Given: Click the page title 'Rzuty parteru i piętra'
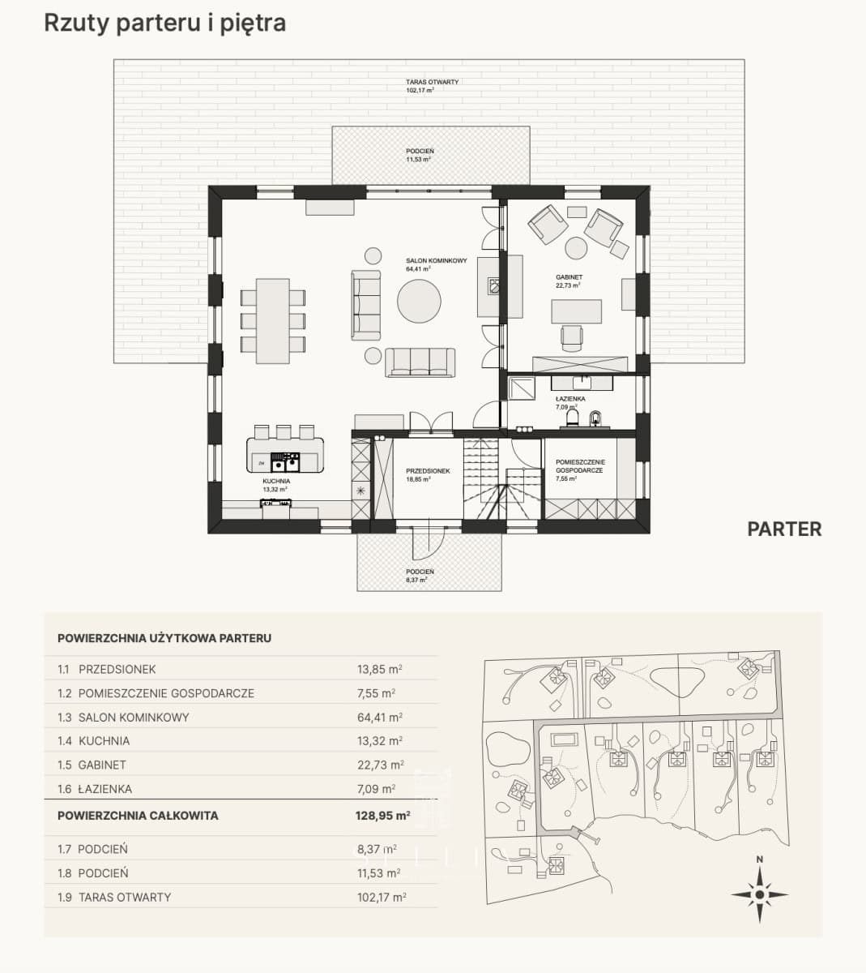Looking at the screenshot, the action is pyautogui.click(x=165, y=24).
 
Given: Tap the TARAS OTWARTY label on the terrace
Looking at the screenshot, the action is pyautogui.click(x=432, y=82).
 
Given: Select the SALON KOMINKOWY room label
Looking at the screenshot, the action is pyautogui.click(x=436, y=261).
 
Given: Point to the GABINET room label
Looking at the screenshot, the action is pyautogui.click(x=569, y=277).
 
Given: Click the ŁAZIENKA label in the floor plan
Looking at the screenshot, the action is pyautogui.click(x=570, y=399).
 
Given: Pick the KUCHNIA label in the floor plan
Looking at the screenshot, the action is pyautogui.click(x=276, y=481).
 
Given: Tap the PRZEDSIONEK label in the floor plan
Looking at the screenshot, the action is pyautogui.click(x=428, y=470).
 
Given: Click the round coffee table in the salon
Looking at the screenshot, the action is pyautogui.click(x=419, y=301).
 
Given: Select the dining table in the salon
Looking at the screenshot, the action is pyautogui.click(x=272, y=320).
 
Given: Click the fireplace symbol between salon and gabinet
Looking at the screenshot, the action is pyautogui.click(x=493, y=285).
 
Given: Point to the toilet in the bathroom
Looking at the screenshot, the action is pyautogui.click(x=573, y=418).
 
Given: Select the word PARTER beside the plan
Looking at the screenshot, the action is pyautogui.click(x=784, y=529).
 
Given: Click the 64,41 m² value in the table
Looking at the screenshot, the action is pyautogui.click(x=379, y=718).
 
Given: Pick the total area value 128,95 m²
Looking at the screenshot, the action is pyautogui.click(x=382, y=816).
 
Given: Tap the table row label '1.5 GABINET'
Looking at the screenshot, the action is pyautogui.click(x=92, y=765).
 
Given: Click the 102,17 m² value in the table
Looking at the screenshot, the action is pyautogui.click(x=382, y=897).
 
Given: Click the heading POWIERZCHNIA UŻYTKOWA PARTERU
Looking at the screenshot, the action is pyautogui.click(x=164, y=638).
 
